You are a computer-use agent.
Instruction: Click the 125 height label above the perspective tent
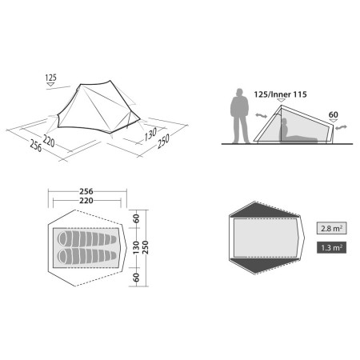[50, 78]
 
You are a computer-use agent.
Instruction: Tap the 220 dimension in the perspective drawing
[49, 141]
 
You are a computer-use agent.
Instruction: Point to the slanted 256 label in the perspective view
[36, 146]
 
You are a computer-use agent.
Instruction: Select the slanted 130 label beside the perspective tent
[150, 134]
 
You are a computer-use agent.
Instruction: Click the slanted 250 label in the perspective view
[163, 141]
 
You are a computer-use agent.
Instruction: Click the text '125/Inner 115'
[280, 94]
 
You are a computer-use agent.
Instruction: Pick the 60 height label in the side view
[334, 114]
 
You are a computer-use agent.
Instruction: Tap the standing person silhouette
[240, 116]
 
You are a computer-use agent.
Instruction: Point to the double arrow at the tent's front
[261, 116]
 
